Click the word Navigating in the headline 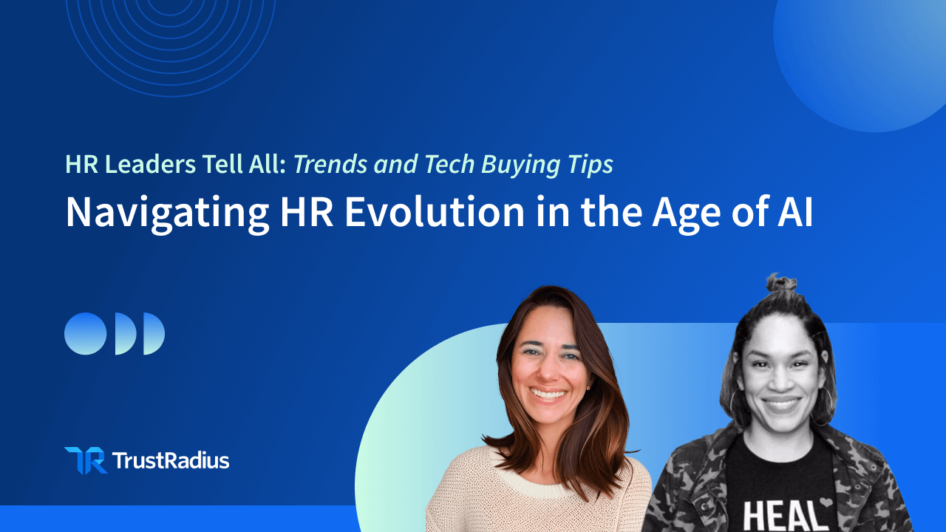[x=167, y=214]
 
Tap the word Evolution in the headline [x=435, y=211]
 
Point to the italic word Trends [x=330, y=164]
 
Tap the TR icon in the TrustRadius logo [x=86, y=460]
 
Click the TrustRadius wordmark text [x=171, y=460]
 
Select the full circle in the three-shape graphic [x=85, y=333]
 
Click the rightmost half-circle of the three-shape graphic [x=153, y=333]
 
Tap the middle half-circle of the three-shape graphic [x=125, y=333]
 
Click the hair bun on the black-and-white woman [x=781, y=283]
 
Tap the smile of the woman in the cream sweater [x=548, y=395]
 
